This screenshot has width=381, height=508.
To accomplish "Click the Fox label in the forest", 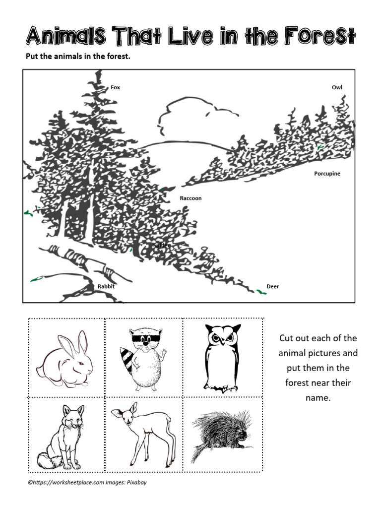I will click(x=115, y=87).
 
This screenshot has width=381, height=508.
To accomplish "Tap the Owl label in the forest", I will click(x=337, y=87).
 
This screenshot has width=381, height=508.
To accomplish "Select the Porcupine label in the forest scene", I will click(x=327, y=174).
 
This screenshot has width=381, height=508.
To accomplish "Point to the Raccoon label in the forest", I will click(x=190, y=198).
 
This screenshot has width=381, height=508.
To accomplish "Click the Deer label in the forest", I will click(x=272, y=286).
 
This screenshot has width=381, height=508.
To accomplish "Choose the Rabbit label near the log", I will click(x=106, y=286).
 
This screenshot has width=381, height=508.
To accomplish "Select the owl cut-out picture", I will click(x=222, y=357).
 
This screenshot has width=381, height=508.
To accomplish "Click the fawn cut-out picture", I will click(x=144, y=434).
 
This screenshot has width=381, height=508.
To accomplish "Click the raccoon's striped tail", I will click(x=128, y=359).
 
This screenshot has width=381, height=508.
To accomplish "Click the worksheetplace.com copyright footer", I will click(x=87, y=482).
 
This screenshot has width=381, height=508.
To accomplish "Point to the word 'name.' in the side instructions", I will click(x=317, y=397).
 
